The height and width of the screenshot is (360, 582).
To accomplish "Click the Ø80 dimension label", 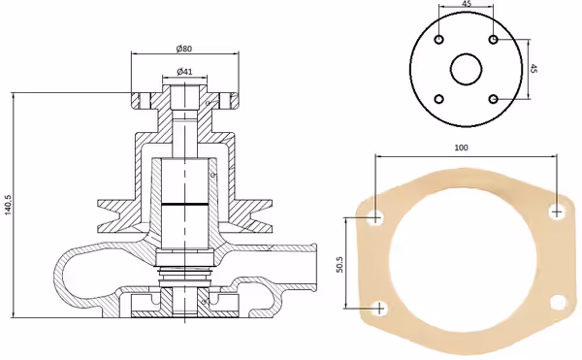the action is [x=184, y=49].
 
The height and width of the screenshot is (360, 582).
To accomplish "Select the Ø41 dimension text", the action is [x=184, y=71].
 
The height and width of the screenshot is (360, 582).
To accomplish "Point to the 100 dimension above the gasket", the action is [x=461, y=147].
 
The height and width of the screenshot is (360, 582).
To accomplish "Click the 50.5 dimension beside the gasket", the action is [x=339, y=265].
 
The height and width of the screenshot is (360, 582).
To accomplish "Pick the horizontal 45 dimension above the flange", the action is [x=467, y=4].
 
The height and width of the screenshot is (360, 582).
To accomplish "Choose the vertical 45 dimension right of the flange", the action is [x=533, y=68].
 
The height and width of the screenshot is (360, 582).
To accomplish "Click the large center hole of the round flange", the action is [x=467, y=69].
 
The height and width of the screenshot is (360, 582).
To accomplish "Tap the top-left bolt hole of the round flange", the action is [x=439, y=40].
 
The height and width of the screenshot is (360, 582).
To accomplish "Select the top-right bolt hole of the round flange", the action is [x=494, y=39].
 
